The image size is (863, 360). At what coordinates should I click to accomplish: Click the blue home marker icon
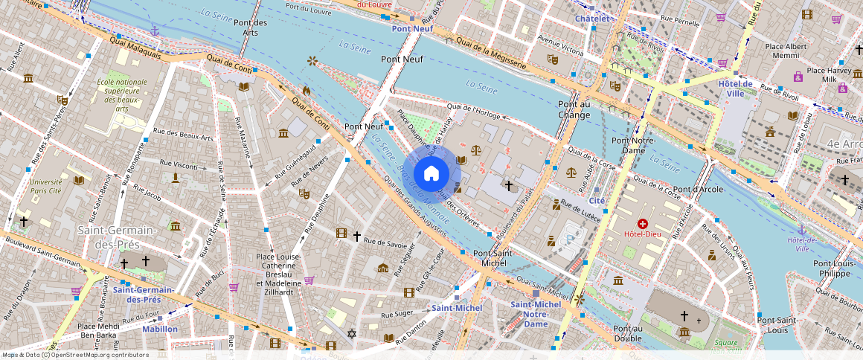point(431,174)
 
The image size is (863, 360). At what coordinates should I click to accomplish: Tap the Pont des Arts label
point(250,28)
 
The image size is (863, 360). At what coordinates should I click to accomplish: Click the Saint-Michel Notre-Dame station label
point(536,314)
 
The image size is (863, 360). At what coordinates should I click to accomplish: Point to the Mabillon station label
point(160,329)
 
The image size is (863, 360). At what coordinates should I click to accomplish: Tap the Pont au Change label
point(574,110)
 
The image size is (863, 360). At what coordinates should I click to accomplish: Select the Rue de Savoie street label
point(386,242)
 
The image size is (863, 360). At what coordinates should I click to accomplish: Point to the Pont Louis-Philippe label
point(831,269)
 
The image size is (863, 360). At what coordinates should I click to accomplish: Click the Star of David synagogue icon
point(352,332)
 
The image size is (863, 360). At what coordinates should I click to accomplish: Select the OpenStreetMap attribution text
point(75,355)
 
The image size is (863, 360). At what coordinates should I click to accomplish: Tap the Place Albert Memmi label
point(786,51)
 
